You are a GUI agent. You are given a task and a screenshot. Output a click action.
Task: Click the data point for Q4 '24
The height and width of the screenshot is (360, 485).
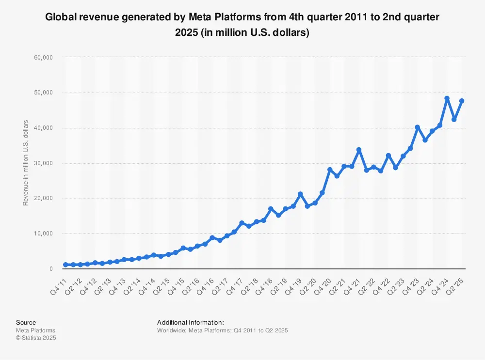pos(447,98)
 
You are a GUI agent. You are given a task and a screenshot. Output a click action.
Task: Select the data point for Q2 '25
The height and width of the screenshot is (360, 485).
pos(462,101)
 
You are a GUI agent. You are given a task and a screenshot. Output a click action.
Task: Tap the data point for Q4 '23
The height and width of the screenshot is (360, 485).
pos(417,127)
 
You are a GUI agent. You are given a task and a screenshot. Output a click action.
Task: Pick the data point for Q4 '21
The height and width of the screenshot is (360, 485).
pos(358,150)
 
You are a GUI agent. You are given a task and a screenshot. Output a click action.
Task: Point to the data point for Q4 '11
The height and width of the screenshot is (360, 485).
pos(65,265)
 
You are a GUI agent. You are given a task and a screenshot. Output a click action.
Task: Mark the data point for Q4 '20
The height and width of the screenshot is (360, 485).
pos(329,170)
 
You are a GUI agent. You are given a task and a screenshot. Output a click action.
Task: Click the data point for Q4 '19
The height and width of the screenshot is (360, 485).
pos(300,194)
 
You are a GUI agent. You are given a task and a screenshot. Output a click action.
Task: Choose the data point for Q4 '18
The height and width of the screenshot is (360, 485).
pos(271,209)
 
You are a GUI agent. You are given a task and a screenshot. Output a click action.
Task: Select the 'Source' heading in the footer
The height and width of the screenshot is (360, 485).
pos(26,322)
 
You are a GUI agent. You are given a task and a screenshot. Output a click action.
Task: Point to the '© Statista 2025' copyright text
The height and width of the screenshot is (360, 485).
pos(36,338)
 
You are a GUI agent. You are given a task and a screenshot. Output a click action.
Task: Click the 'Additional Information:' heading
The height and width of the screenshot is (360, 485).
pos(190,322)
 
